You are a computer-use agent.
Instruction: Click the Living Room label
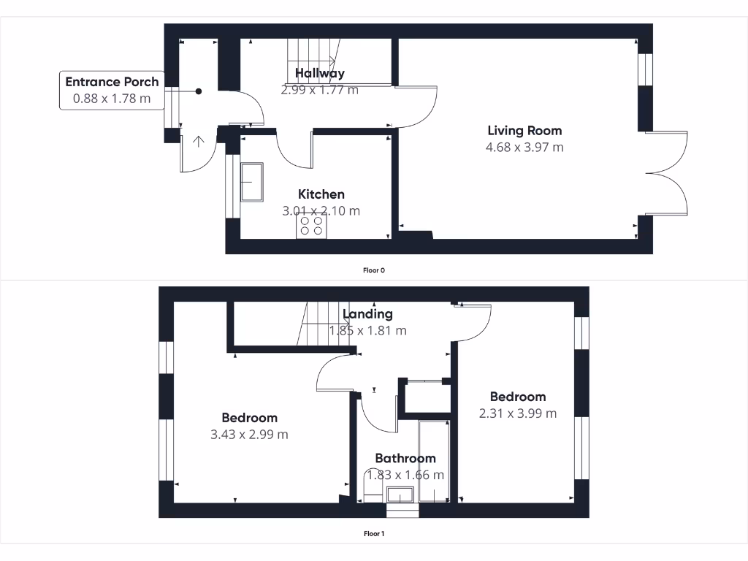pos(524,131)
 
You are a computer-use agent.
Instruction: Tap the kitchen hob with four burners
pos(311,225)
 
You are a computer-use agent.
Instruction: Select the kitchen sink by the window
pos(253,181)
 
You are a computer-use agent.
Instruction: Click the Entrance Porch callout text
pos(112,82)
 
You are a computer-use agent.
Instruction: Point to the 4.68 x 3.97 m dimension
pos(524,147)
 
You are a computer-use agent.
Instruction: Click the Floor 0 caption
pos(374,270)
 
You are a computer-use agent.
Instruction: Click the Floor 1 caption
pos(374,533)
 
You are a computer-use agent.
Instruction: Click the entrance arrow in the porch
pos(199,141)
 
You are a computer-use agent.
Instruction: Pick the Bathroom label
pos(405,458)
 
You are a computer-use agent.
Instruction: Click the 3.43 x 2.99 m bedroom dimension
pos(249,434)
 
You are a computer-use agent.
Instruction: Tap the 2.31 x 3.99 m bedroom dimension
pos(517,413)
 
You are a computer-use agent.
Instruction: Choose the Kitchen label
pos(321,194)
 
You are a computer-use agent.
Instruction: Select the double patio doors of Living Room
pos(666,173)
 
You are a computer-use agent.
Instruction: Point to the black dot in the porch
pos(199,91)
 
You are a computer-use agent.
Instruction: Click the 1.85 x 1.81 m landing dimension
pos(367,330)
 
